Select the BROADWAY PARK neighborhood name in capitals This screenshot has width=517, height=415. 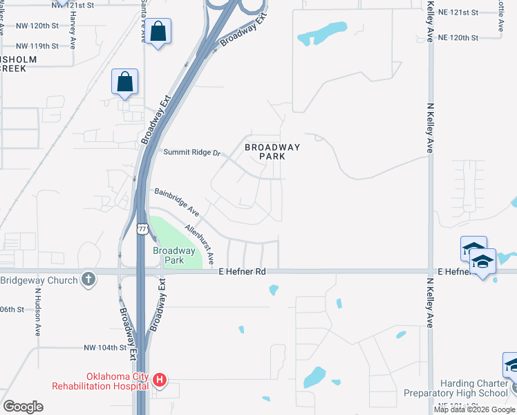(272, 151)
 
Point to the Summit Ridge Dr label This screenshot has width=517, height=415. (191, 152)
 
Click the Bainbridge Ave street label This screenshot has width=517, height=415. (176, 201)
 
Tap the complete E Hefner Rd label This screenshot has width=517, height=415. (242, 272)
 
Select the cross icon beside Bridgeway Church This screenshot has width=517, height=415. (88, 279)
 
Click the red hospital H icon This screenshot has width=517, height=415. (160, 380)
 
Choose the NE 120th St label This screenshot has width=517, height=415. (458, 37)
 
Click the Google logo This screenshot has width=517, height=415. (23, 407)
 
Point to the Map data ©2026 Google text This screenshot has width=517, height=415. (474, 409)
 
